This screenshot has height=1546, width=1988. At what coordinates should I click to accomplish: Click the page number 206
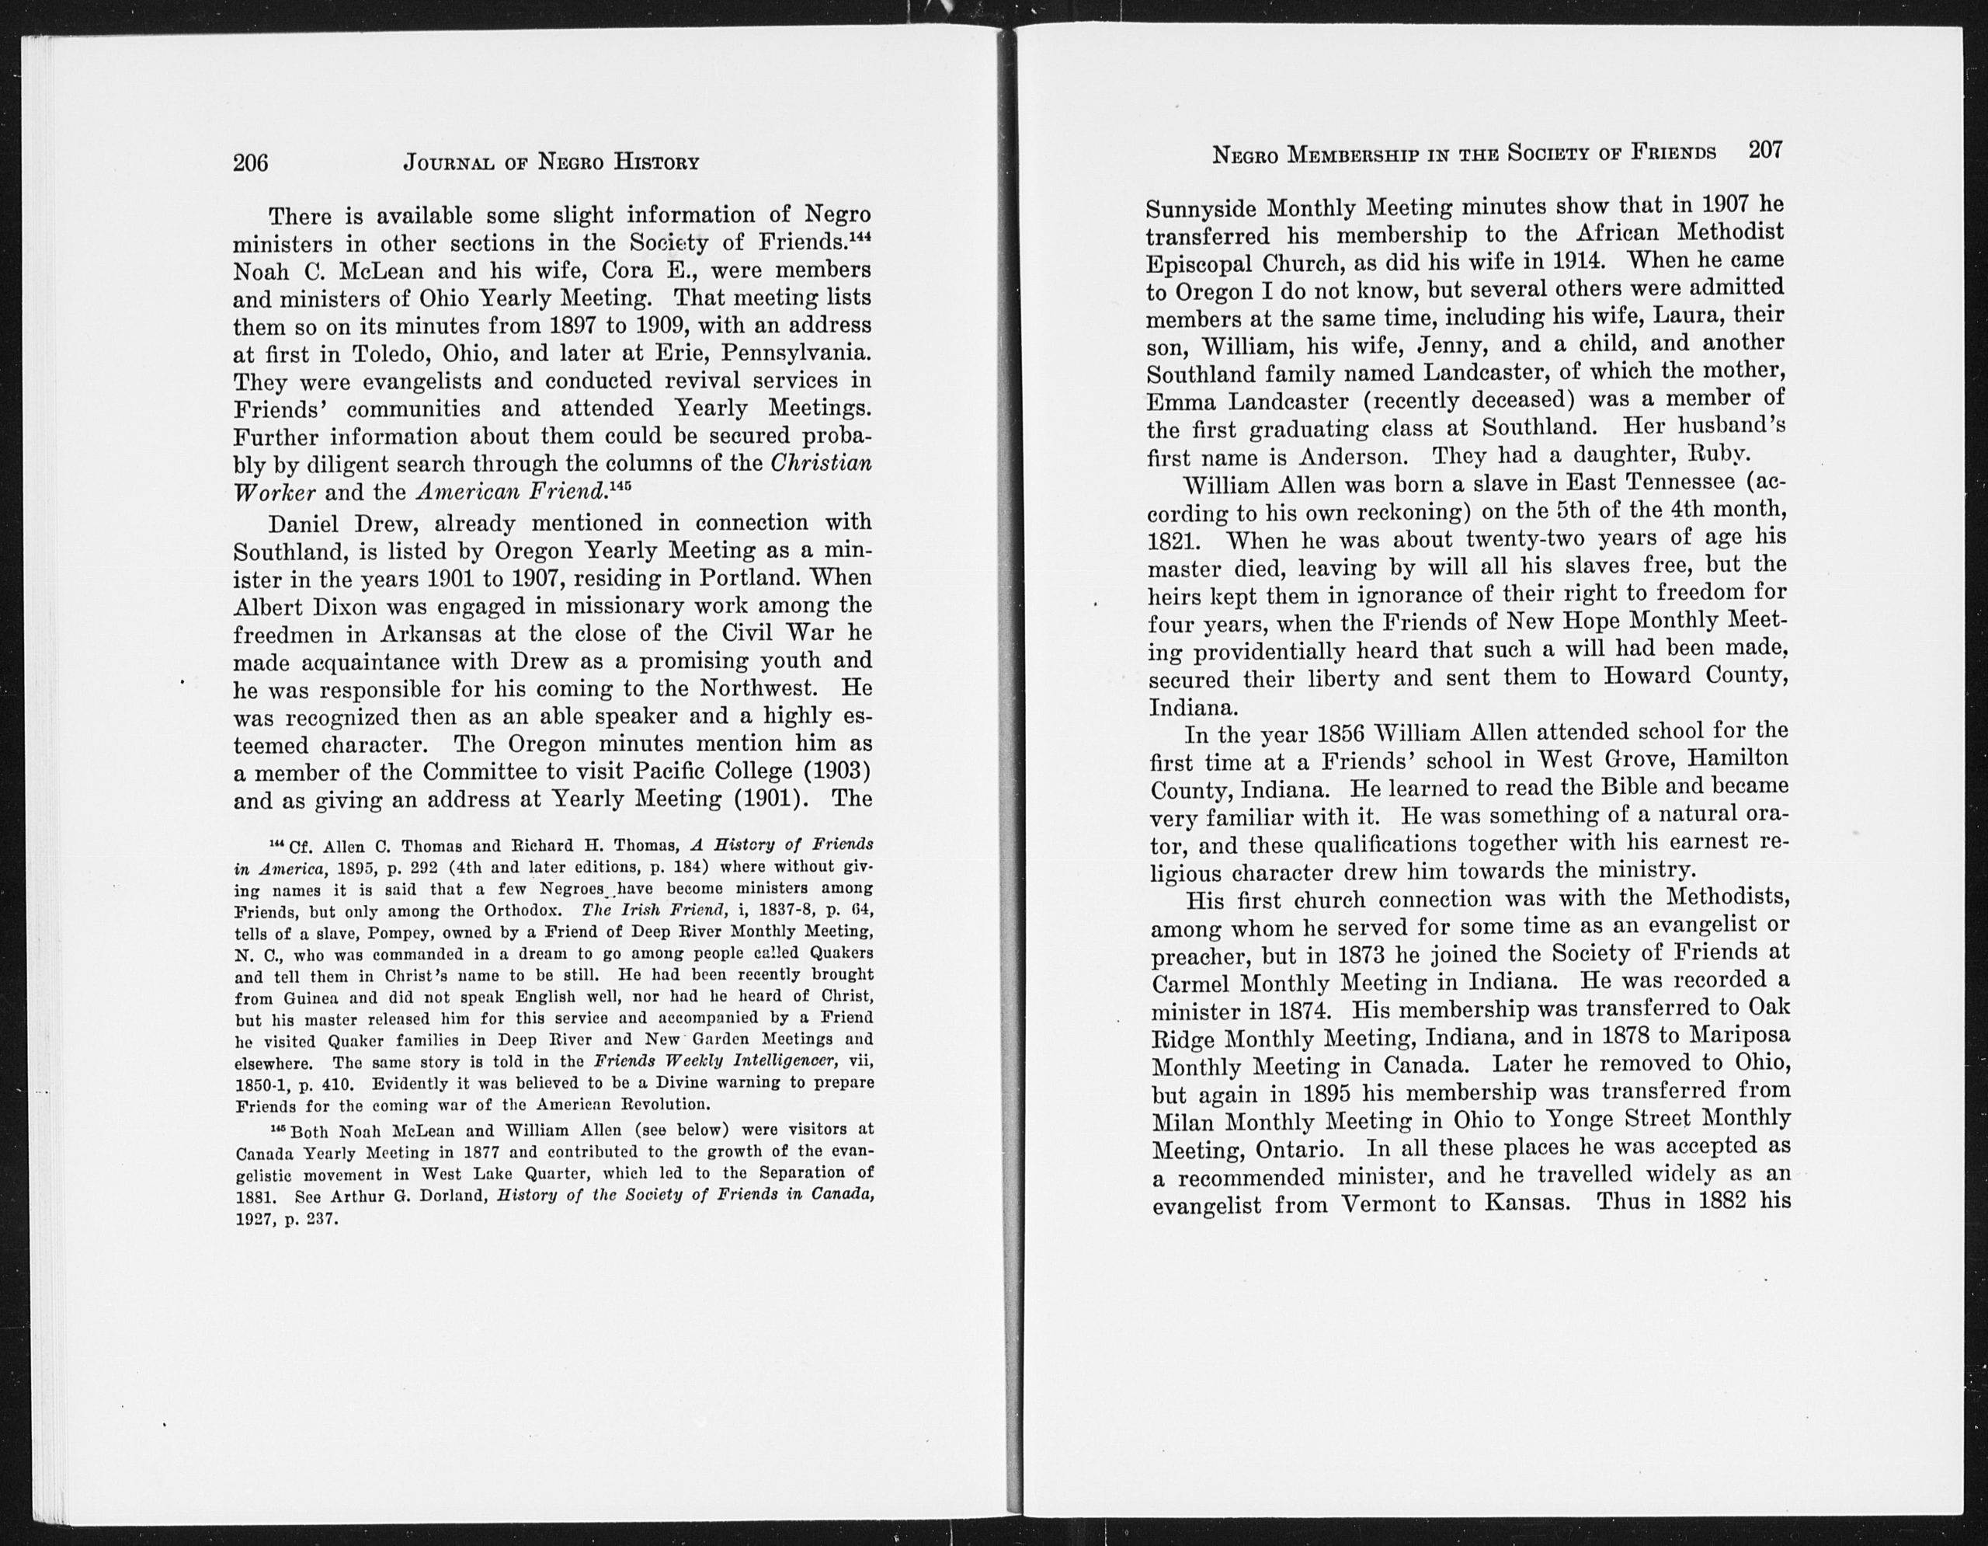250,163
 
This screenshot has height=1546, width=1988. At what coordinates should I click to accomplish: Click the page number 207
1765,149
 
